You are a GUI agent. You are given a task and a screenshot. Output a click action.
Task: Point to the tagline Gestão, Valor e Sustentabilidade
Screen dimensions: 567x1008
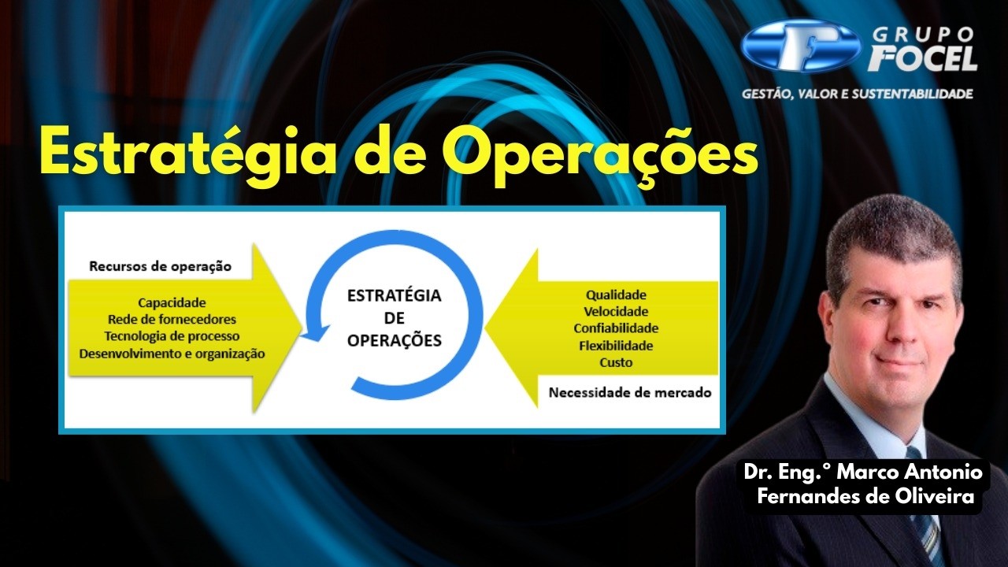tap(857, 94)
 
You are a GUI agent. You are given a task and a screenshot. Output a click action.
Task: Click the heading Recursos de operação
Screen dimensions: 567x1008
tap(160, 266)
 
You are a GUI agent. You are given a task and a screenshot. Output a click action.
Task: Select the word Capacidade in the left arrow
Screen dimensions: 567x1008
tap(172, 302)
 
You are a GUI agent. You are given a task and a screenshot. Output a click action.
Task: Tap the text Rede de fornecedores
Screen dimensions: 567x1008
tap(172, 319)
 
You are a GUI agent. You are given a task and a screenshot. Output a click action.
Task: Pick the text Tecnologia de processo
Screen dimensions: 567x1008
tap(172, 336)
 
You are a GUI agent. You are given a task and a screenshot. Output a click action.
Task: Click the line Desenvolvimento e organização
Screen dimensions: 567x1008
tap(172, 354)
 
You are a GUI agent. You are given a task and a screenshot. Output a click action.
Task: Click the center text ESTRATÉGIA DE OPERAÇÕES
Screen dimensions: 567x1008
tap(395, 318)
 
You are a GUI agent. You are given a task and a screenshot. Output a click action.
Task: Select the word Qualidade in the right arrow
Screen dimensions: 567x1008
tap(616, 295)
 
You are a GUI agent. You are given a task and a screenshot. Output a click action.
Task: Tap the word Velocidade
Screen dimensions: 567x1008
tap(616, 312)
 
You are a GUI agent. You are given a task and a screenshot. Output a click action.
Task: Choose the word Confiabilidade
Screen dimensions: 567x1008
tap(616, 328)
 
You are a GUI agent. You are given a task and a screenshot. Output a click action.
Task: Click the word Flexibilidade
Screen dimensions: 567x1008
tap(616, 346)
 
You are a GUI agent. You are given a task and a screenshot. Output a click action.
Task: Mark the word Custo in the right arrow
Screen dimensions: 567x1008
tap(616, 363)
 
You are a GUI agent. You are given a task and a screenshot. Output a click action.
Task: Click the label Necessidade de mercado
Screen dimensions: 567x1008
tap(630, 392)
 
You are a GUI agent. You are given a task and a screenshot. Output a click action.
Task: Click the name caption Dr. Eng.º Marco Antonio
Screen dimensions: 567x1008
tap(863, 472)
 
